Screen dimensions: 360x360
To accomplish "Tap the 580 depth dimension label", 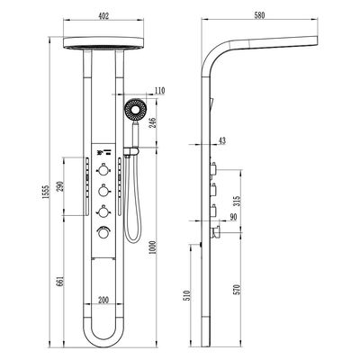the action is click(x=259, y=15).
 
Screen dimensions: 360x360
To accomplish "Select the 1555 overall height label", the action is click(x=45, y=192).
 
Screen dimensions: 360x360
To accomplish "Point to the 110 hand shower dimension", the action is click(x=159, y=90).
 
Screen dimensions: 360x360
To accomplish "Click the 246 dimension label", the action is click(x=152, y=122).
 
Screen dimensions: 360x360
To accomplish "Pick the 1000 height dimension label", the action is click(x=152, y=247).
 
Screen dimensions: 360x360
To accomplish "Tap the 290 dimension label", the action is click(x=59, y=186).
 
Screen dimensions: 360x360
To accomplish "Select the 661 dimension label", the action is click(x=59, y=281).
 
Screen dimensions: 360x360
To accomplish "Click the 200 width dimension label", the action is click(x=103, y=300).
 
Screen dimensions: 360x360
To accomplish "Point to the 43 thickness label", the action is click(x=222, y=140).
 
